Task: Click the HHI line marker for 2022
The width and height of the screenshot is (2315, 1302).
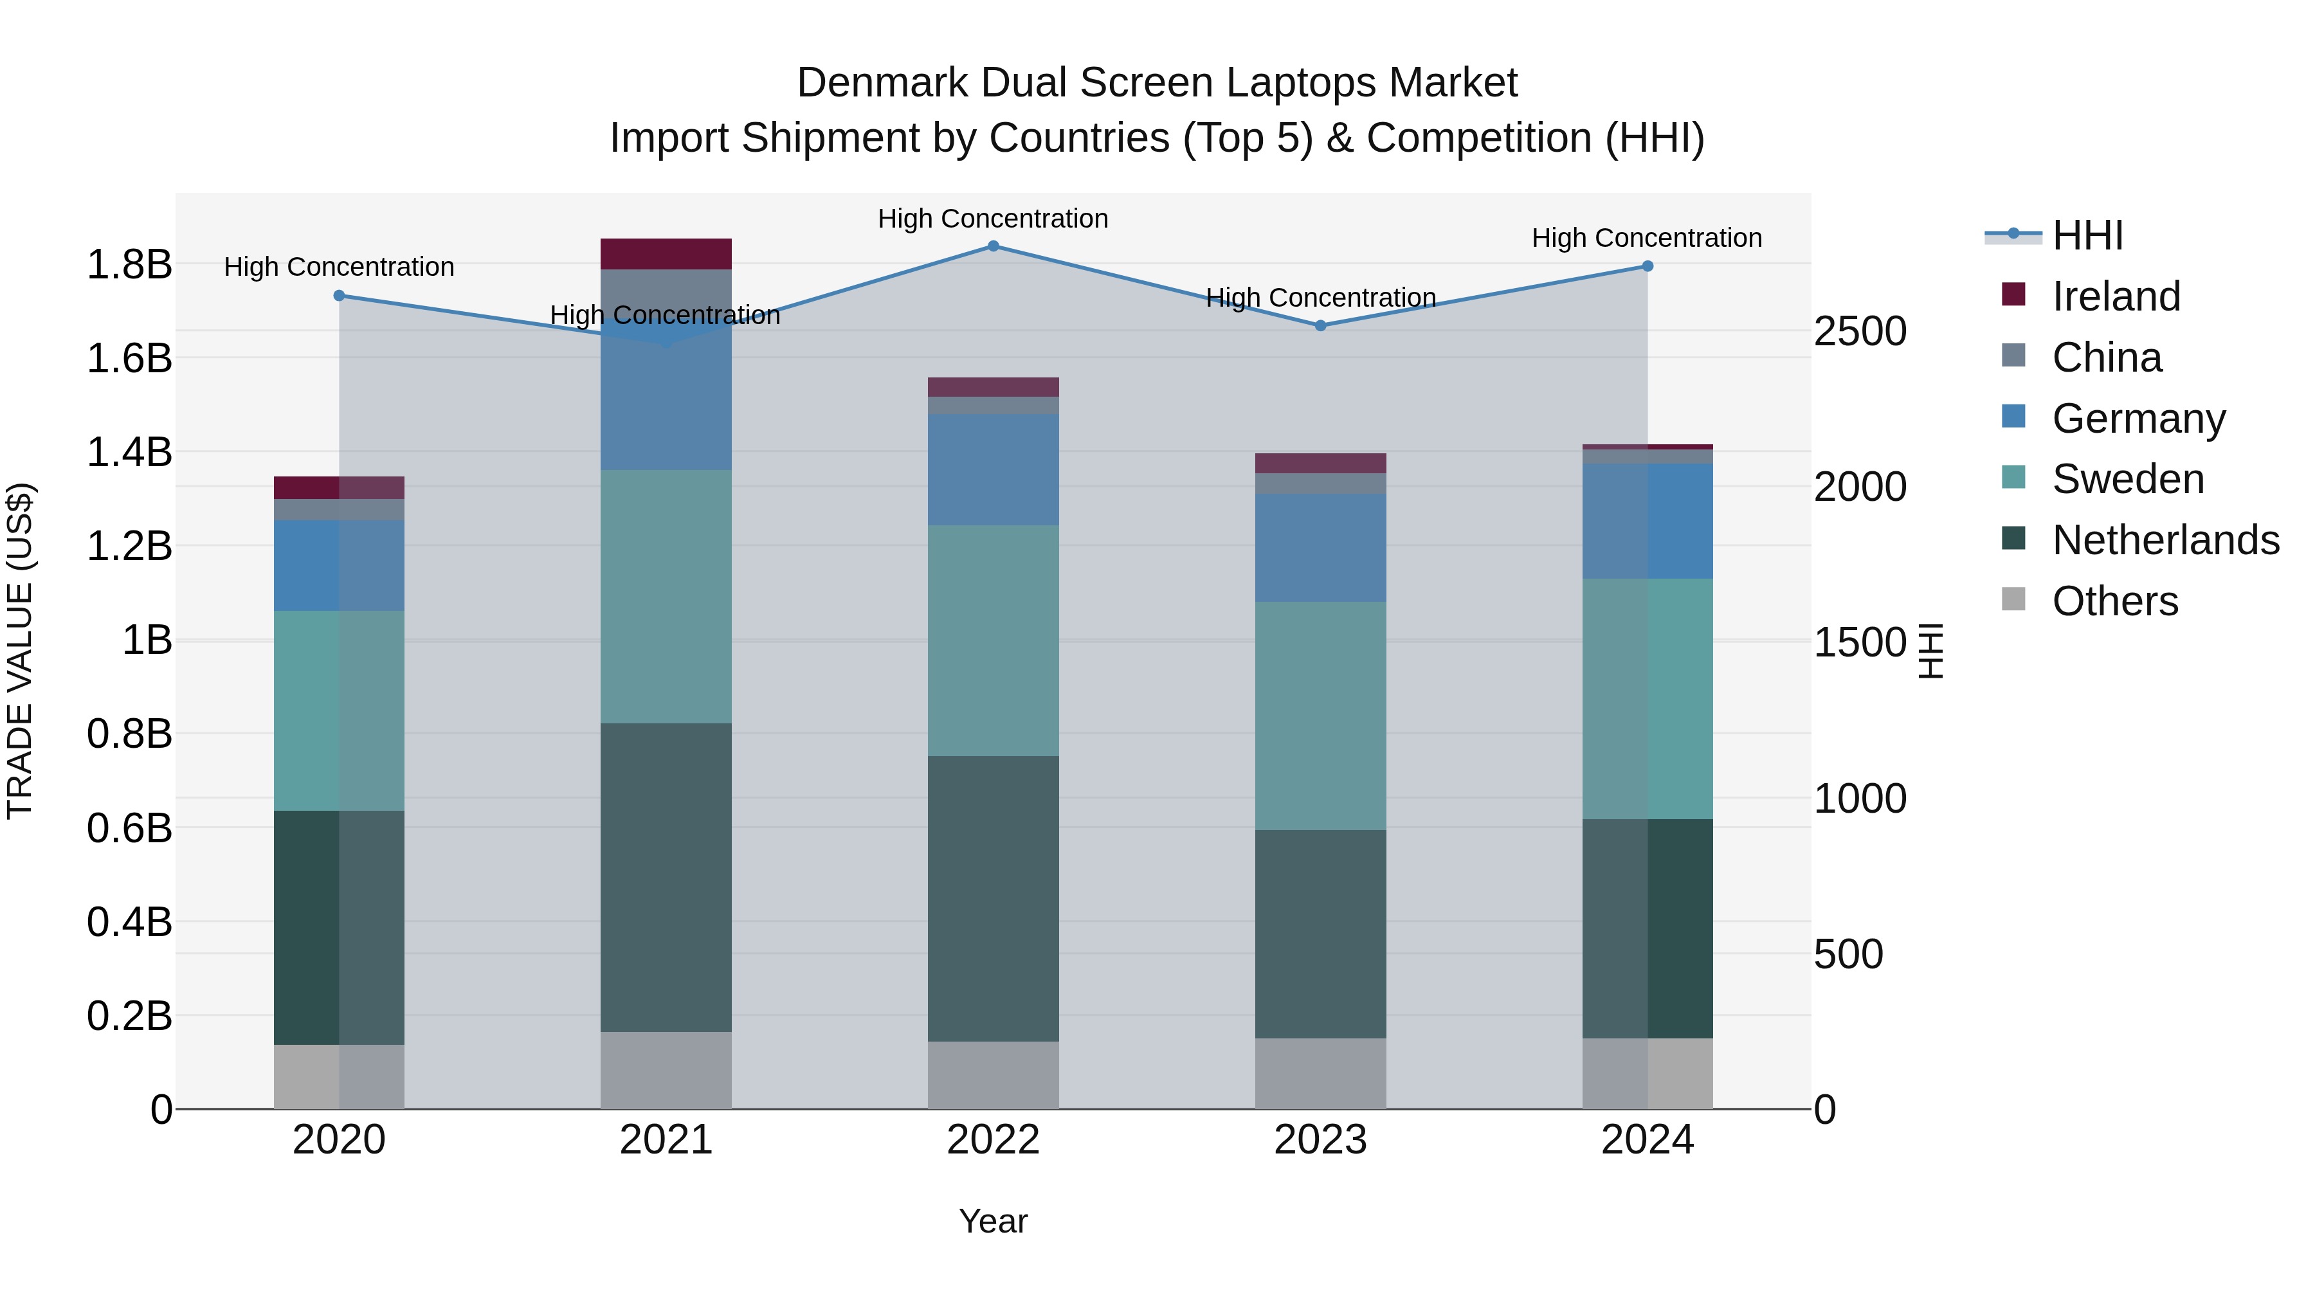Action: pyautogui.click(x=993, y=246)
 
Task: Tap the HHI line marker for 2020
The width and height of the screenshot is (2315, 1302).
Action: pyautogui.click(x=339, y=296)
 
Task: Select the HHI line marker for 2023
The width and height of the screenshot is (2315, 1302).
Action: pyautogui.click(x=1320, y=326)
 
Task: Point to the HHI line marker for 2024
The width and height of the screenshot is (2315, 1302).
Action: pyautogui.click(x=1648, y=266)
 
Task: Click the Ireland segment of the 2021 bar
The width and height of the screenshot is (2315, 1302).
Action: pyautogui.click(x=666, y=254)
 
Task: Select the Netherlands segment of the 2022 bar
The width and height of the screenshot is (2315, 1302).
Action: pyautogui.click(x=993, y=899)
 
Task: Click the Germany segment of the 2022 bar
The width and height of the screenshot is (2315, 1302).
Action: pyautogui.click(x=993, y=469)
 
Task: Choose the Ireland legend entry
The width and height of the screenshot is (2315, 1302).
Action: pyautogui.click(x=2116, y=296)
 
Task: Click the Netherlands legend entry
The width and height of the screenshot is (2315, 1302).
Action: pyautogui.click(x=2165, y=540)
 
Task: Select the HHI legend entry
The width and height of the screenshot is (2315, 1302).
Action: pyautogui.click(x=2087, y=235)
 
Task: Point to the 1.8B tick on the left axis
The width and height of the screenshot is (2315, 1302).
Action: pyautogui.click(x=129, y=265)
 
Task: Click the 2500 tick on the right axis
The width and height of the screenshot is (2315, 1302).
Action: pyautogui.click(x=1859, y=332)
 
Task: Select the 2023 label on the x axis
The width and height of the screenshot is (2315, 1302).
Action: pyautogui.click(x=1320, y=1140)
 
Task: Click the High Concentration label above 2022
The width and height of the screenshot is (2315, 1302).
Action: pyautogui.click(x=993, y=219)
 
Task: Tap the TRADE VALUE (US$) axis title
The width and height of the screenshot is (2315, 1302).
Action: pyautogui.click(x=20, y=651)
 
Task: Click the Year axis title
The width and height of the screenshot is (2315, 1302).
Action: pyautogui.click(x=993, y=1221)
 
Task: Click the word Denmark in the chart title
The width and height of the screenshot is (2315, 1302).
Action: pyautogui.click(x=882, y=83)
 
